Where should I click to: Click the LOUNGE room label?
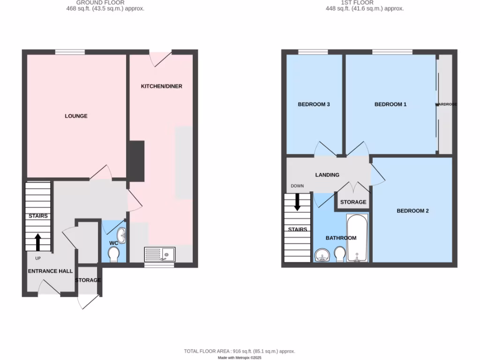coord(76,116)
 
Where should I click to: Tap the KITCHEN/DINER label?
coord(162,86)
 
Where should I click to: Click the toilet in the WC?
coord(113,255)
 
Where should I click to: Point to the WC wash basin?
coord(121,235)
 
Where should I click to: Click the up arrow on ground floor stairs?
coord(38,242)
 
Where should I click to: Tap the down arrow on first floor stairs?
coord(297,202)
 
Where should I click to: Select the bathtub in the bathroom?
coord(357,238)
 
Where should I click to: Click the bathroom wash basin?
coord(322,255)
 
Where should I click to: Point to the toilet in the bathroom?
coord(339,255)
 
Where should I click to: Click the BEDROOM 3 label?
coord(314,105)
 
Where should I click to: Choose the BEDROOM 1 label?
coord(390,105)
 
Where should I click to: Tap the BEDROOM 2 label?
coord(412,211)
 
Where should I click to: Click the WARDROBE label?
coord(446,104)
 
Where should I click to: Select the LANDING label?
coord(327,175)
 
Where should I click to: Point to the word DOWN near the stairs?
coord(297,186)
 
